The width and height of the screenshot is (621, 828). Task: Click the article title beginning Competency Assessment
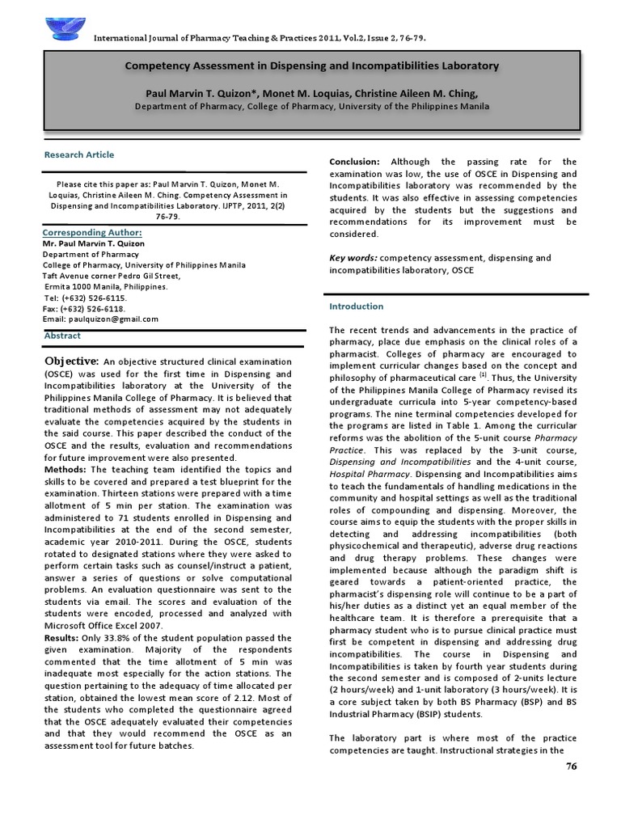311,65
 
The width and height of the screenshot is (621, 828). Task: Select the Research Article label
79,154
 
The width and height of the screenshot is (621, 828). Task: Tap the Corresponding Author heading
87,232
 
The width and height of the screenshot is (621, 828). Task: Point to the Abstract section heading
62,335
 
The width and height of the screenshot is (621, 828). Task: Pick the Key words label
353,258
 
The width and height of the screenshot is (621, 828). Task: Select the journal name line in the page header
260,38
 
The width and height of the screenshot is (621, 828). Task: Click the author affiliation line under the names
311,106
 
